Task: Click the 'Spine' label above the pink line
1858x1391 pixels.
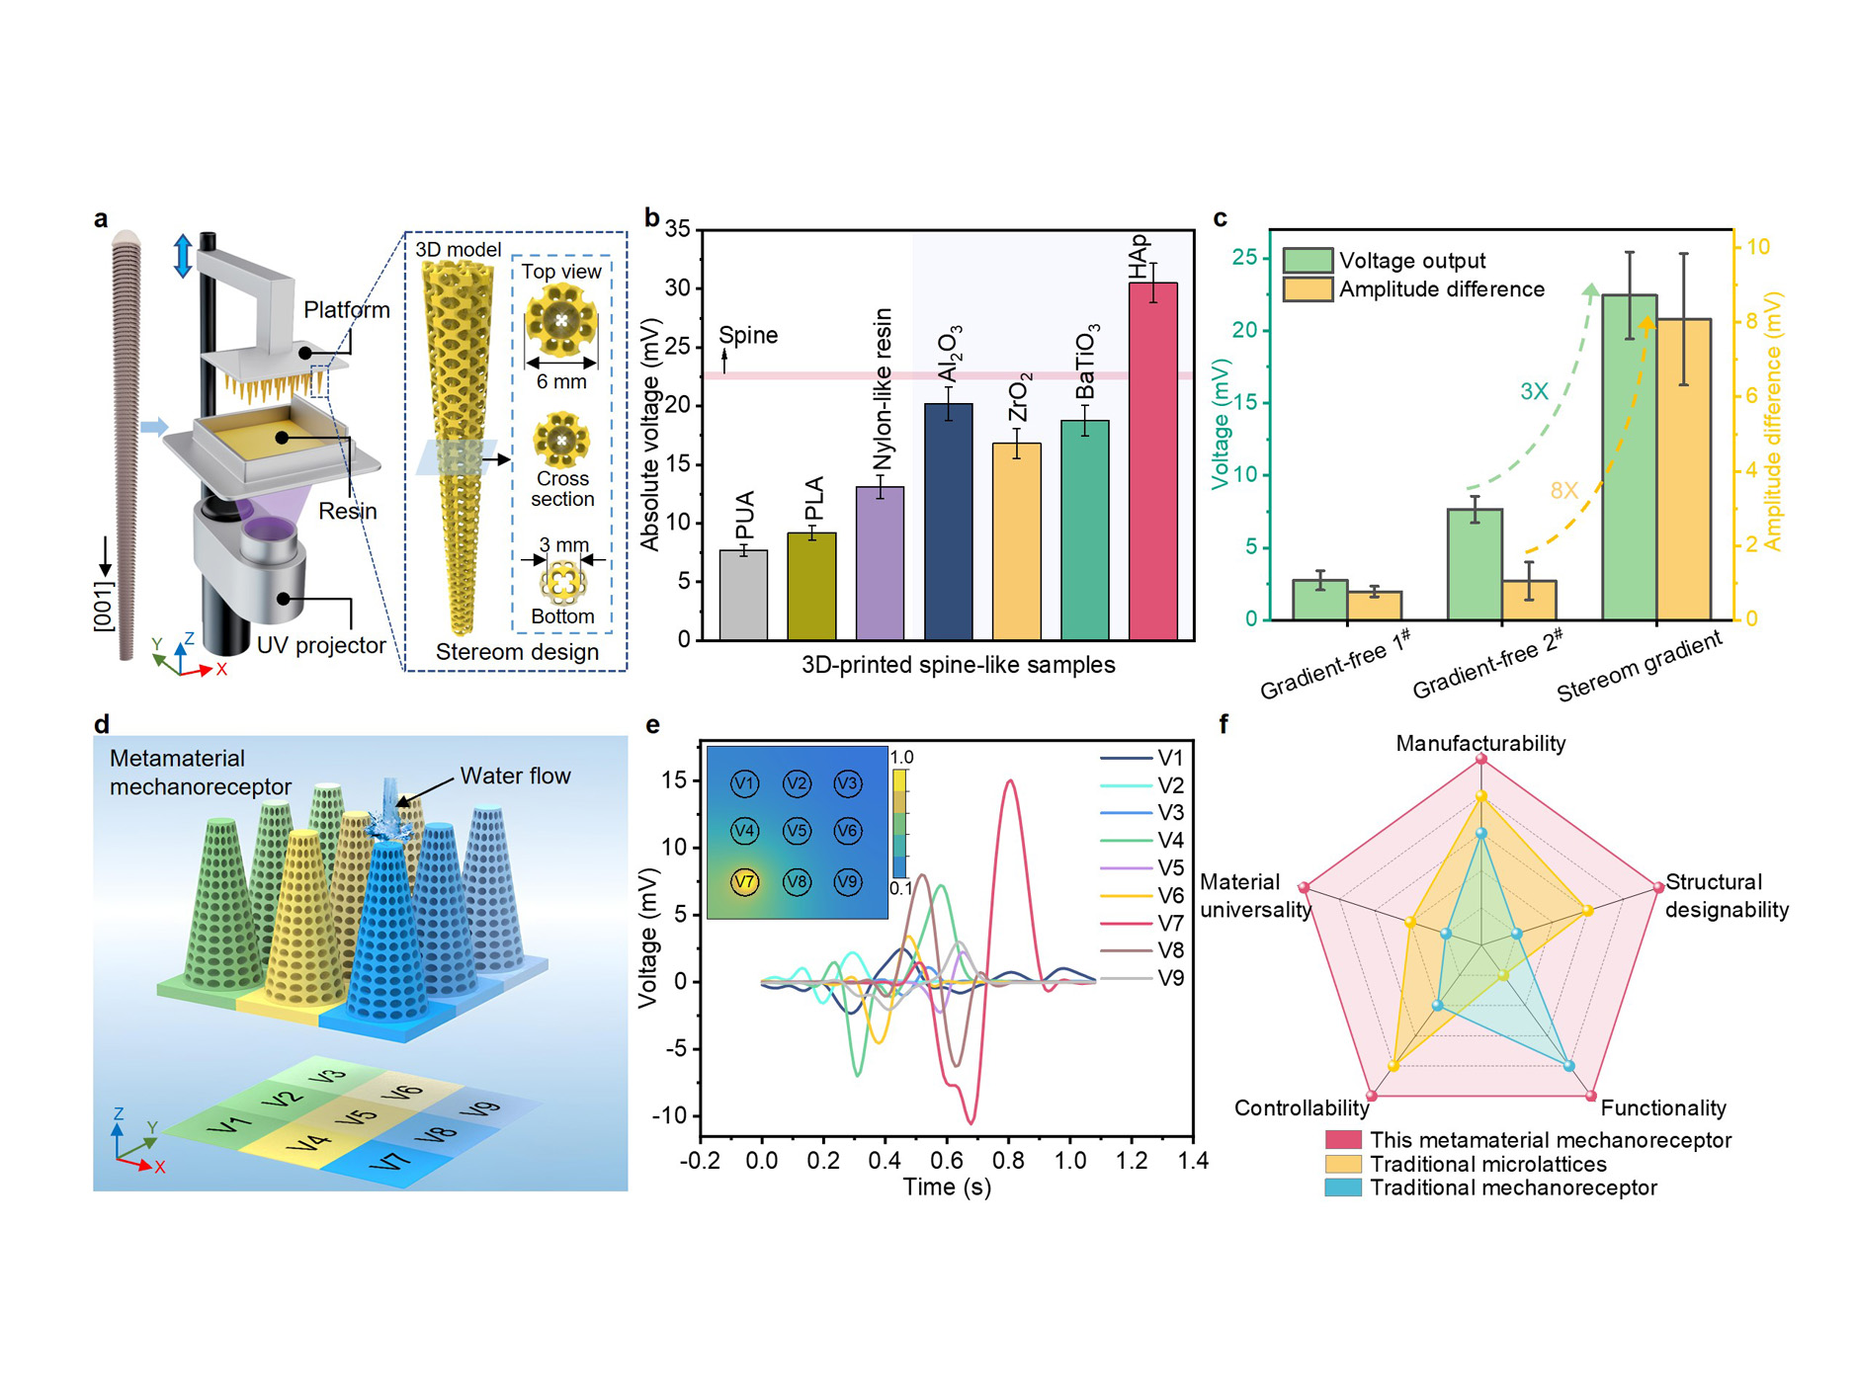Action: (x=748, y=335)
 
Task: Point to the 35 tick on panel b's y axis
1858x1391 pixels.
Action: (x=678, y=229)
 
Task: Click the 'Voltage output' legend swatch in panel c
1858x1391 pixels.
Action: (x=1307, y=261)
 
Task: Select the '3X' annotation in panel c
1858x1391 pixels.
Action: (x=1533, y=391)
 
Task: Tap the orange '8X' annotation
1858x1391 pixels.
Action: (x=1563, y=490)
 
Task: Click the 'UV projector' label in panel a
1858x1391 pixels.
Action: (x=321, y=645)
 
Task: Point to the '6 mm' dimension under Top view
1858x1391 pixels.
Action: (x=561, y=381)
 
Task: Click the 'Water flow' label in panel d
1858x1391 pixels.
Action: (x=515, y=776)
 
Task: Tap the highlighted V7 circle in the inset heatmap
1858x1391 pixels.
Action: (x=744, y=881)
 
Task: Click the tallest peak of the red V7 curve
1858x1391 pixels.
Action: (x=1009, y=781)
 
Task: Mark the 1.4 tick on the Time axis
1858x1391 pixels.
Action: (x=1193, y=1160)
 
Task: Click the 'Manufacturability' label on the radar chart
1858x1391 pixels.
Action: (x=1479, y=743)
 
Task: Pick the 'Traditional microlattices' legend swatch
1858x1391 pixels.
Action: (x=1343, y=1164)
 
